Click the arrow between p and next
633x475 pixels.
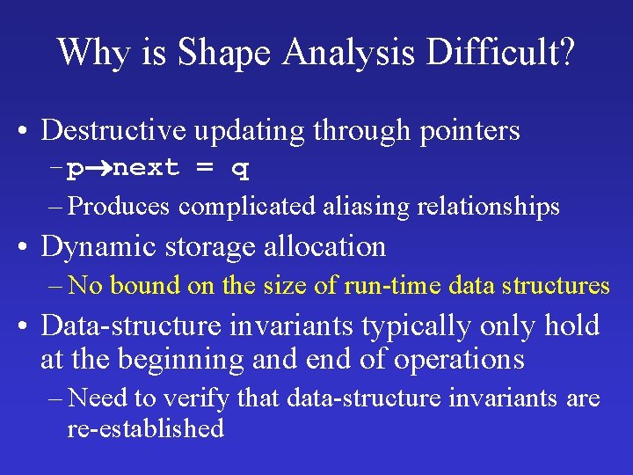click(x=98, y=168)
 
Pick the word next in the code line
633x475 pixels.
click(x=147, y=168)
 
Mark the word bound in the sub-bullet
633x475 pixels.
click(x=142, y=285)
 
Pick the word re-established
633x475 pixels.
click(x=146, y=428)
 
